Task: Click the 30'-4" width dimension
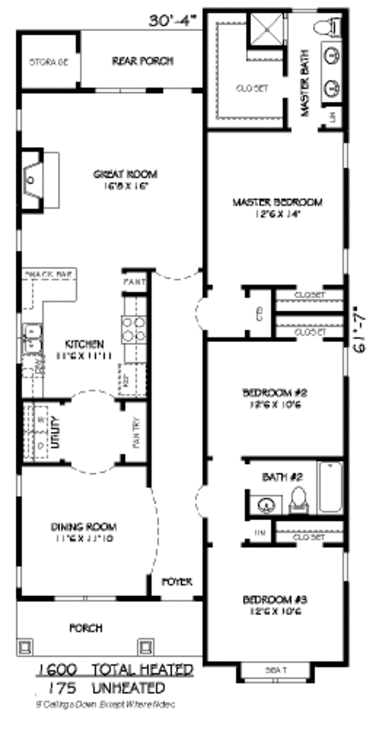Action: pos(173,21)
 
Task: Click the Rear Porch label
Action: pos(142,61)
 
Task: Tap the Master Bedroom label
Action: pos(277,202)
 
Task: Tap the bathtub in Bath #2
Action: pos(330,488)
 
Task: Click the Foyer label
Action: pos(177,581)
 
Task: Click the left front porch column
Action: pos(26,646)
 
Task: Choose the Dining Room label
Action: pos(83,527)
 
